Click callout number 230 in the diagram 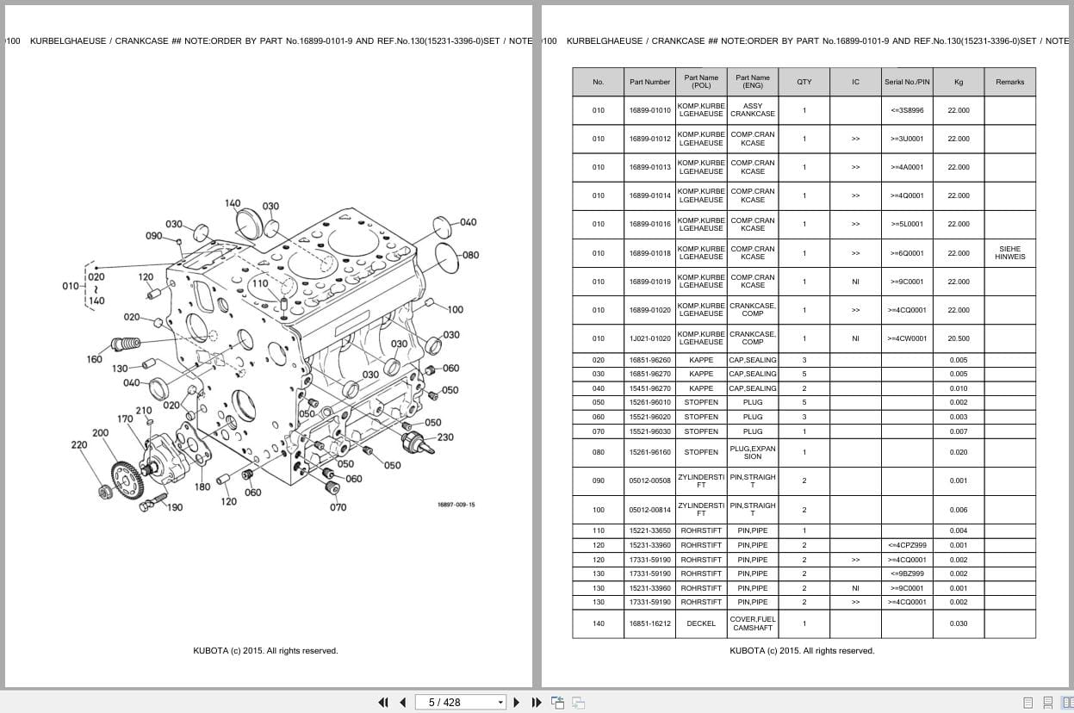[x=445, y=437]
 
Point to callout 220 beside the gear [x=79, y=445]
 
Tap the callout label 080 [x=470, y=255]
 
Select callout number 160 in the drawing [x=95, y=359]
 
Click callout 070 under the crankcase [x=338, y=507]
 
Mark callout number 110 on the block [x=260, y=283]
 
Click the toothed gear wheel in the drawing [x=126, y=475]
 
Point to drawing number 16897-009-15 [x=456, y=505]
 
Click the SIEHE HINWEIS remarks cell [x=1009, y=253]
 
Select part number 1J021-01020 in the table [x=649, y=338]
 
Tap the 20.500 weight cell [x=958, y=338]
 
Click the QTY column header [x=804, y=82]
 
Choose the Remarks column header [x=1009, y=82]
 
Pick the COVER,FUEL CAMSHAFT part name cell [x=752, y=623]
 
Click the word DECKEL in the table [x=701, y=623]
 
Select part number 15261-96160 [x=649, y=452]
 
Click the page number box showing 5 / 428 [x=460, y=702]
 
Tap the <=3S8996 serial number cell [x=907, y=110]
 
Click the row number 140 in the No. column [x=598, y=623]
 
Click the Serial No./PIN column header [x=907, y=82]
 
